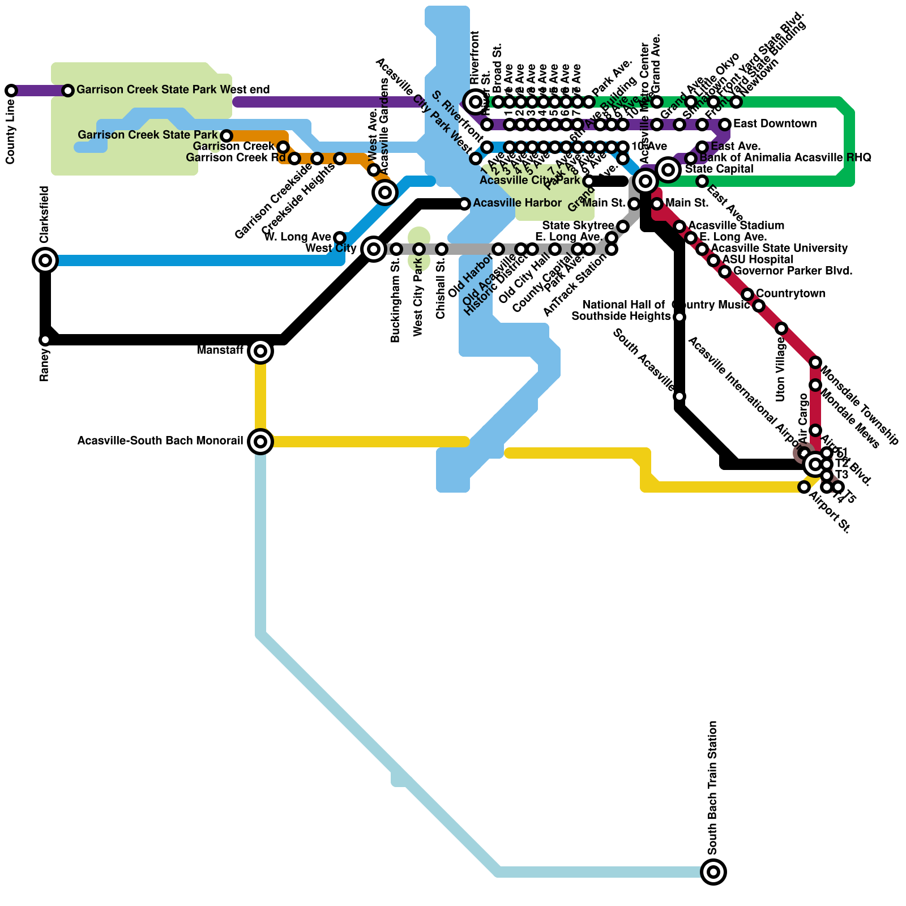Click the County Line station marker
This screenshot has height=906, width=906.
tap(11, 91)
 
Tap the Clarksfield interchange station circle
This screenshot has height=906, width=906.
tap(45, 260)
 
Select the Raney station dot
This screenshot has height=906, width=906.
tap(45, 340)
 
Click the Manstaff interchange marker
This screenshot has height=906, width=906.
tap(260, 351)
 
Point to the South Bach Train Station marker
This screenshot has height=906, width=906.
tap(713, 872)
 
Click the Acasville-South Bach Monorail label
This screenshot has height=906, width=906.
tap(160, 441)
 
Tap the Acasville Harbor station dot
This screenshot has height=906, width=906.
tap(464, 204)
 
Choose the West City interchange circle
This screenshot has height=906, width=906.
tap(374, 248)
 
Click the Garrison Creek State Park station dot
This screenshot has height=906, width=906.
tap(226, 136)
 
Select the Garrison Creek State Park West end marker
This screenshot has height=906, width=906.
tap(68, 91)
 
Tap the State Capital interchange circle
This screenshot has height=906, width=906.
tap(668, 169)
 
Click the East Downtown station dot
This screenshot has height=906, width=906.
tap(725, 124)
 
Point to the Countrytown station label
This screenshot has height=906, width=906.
tap(790, 293)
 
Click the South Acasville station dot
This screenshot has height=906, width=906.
tap(679, 396)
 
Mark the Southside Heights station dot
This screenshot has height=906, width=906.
tap(679, 317)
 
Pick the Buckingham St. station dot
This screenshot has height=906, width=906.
tap(396, 249)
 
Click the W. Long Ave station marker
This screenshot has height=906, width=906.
tap(340, 237)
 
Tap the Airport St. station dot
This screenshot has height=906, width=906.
tap(804, 487)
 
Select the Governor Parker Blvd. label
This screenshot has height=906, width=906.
tap(793, 271)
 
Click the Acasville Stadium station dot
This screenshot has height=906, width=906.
tap(679, 226)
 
